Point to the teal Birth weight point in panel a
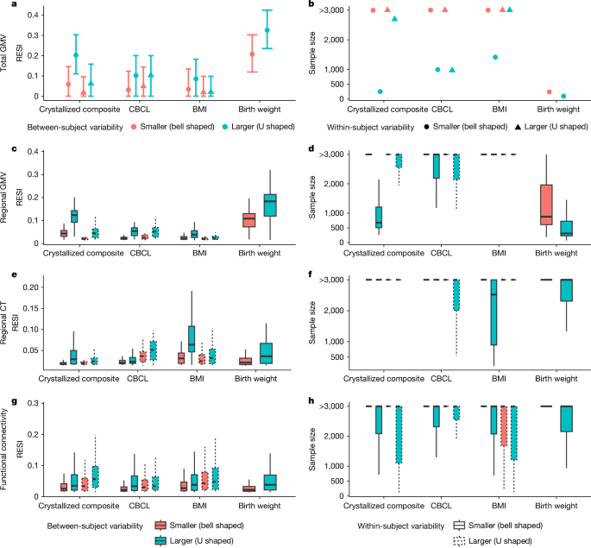coord(267,30)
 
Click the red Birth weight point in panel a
coord(252,54)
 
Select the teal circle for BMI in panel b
coord(496,57)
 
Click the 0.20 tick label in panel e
coord(33,287)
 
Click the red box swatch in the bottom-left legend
coord(160,525)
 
